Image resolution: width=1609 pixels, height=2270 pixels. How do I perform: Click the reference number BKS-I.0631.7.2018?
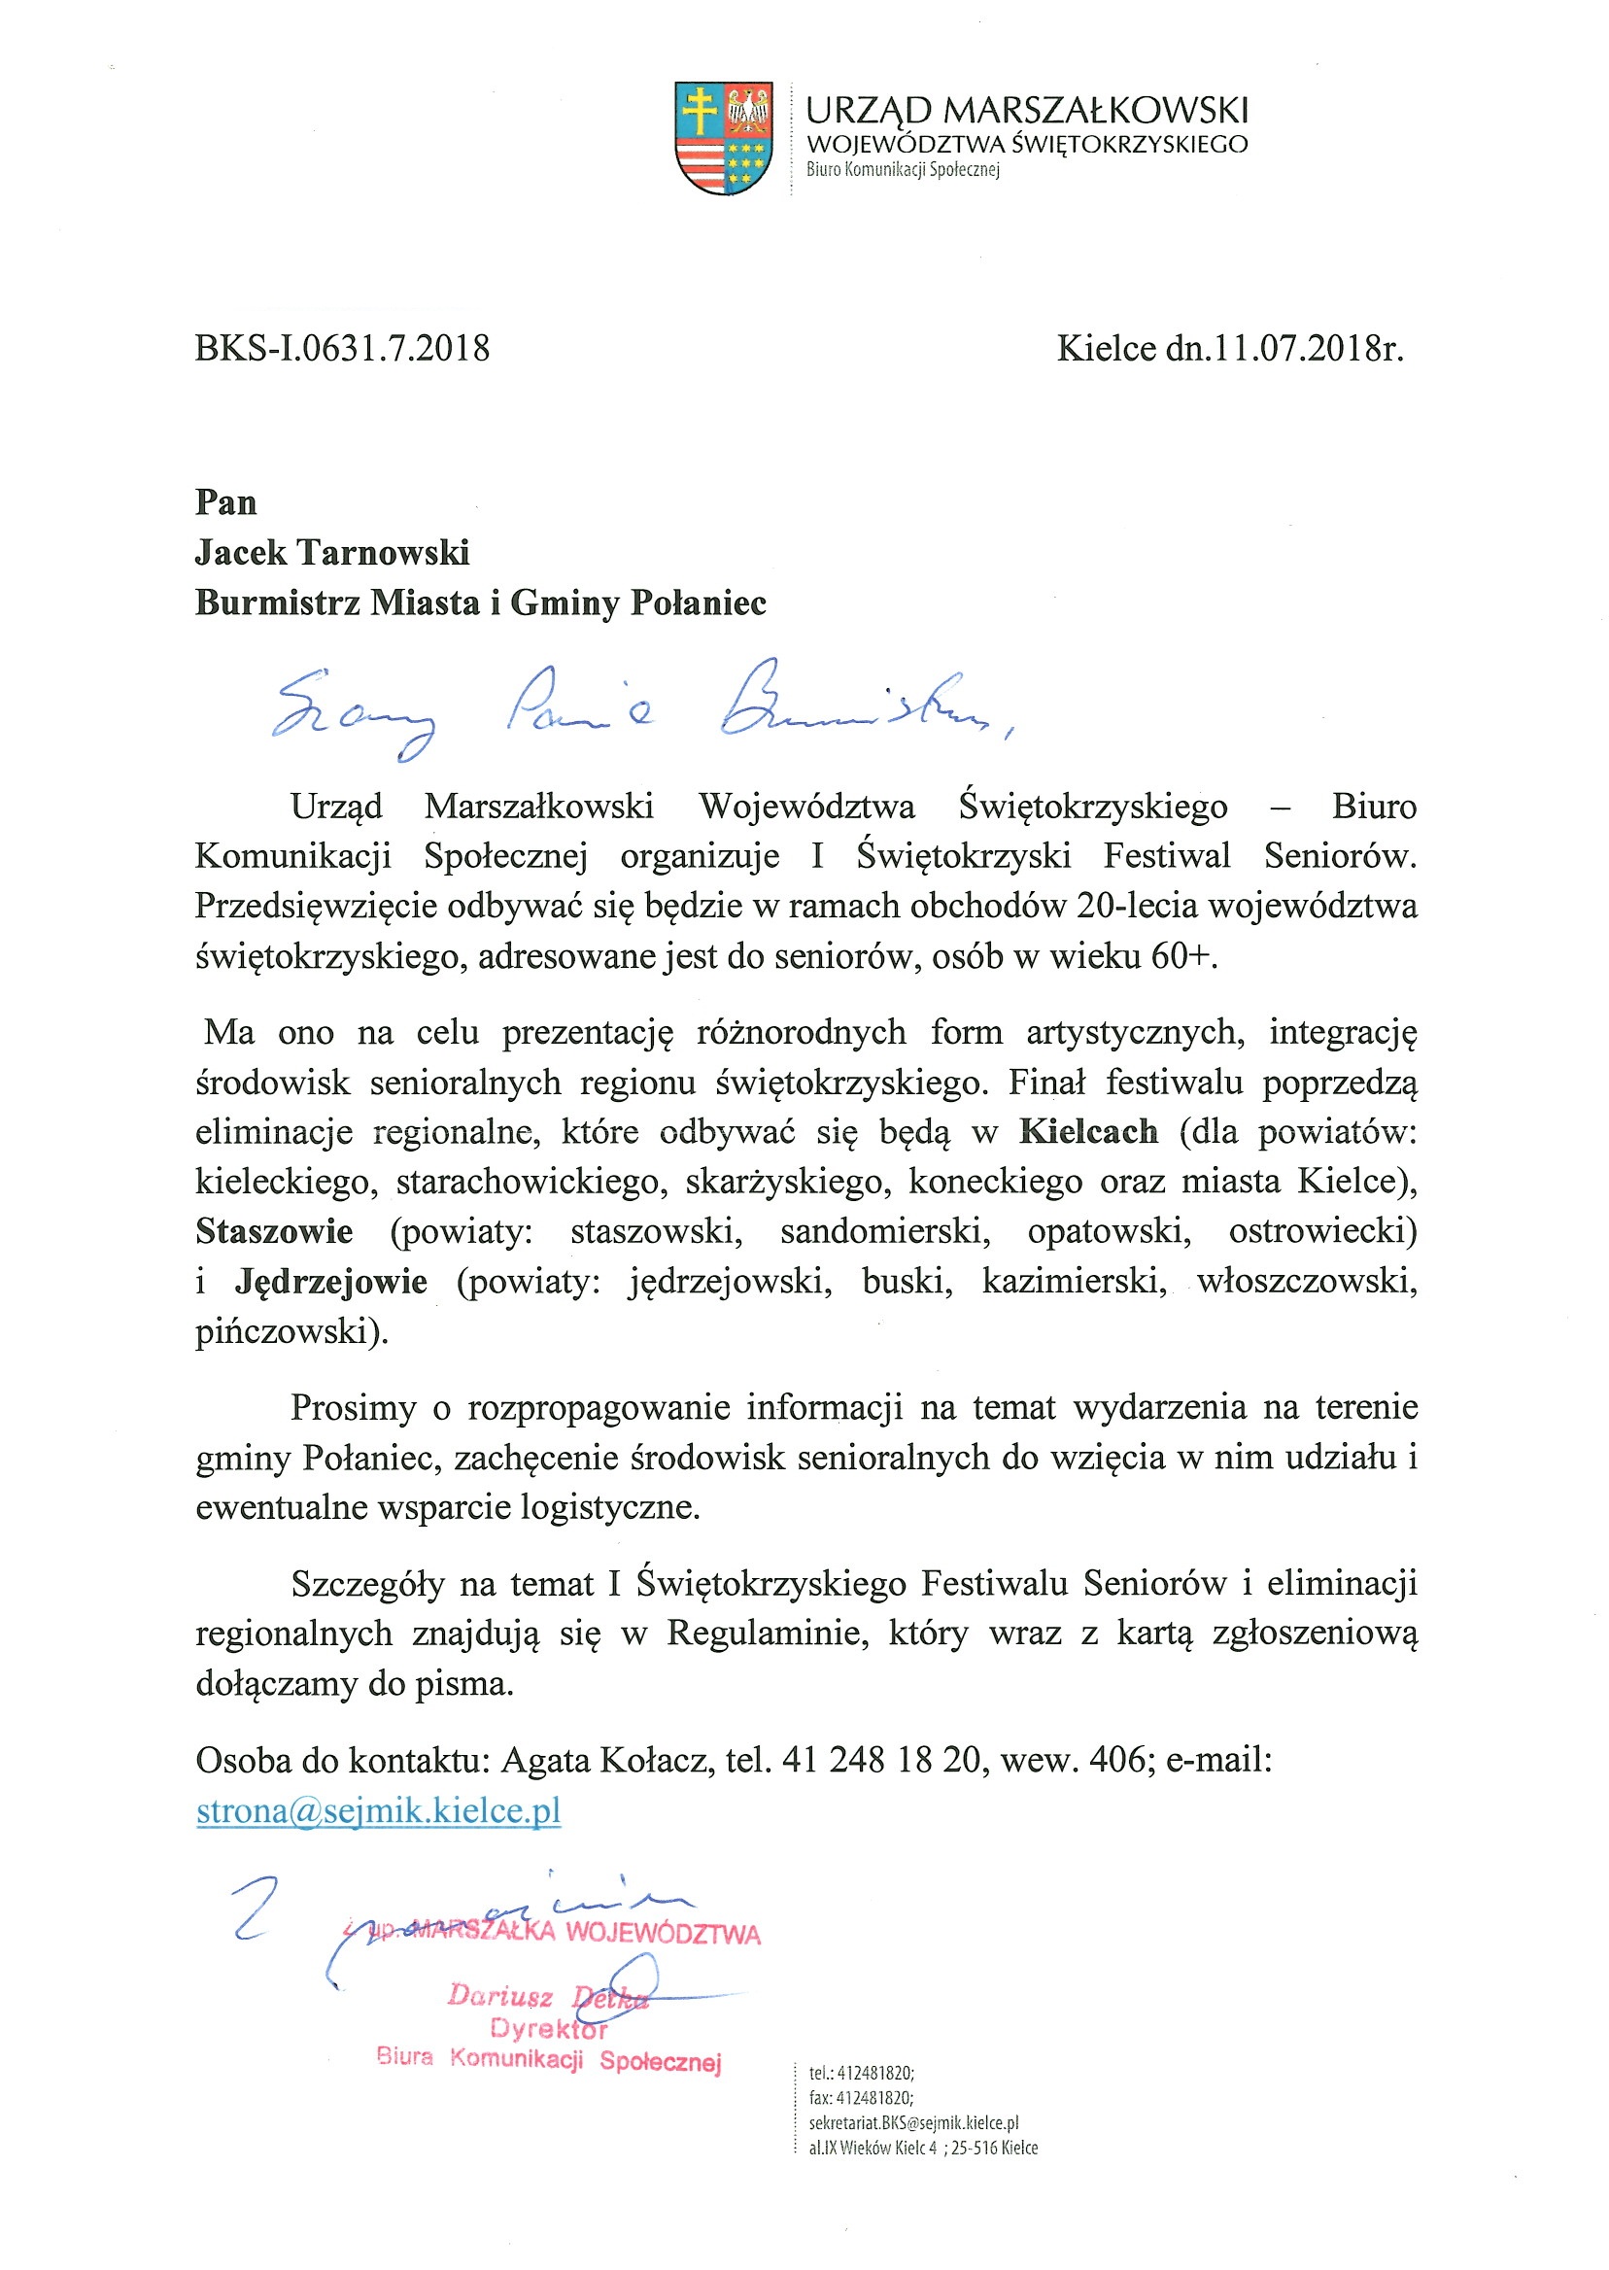[342, 349]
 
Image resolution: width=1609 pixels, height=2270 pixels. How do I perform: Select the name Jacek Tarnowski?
[332, 553]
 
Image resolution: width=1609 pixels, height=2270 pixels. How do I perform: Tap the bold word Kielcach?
[1088, 1131]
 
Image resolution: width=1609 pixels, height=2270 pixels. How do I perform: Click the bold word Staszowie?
[273, 1231]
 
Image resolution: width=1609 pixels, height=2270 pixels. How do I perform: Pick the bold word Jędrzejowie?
[331, 1282]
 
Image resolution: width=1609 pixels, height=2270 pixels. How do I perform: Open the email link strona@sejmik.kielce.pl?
[379, 1810]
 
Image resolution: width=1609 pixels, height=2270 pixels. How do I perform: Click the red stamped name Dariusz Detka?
[547, 1997]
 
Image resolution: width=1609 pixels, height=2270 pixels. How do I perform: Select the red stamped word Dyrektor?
[548, 2028]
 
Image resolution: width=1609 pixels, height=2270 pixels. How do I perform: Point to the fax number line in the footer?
[861, 2098]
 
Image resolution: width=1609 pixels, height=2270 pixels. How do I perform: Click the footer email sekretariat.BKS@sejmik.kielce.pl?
[912, 2122]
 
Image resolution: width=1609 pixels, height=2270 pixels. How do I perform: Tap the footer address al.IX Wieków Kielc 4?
[872, 2149]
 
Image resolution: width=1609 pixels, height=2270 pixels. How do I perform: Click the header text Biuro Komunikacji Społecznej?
[903, 170]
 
